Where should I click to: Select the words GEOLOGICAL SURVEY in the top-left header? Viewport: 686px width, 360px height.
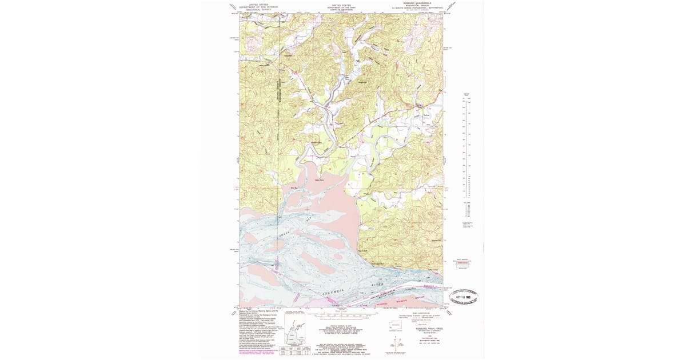tap(258, 10)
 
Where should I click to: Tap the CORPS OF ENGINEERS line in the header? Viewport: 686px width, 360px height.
tap(341, 10)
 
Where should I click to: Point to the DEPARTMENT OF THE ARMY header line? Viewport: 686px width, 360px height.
tap(341, 7)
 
